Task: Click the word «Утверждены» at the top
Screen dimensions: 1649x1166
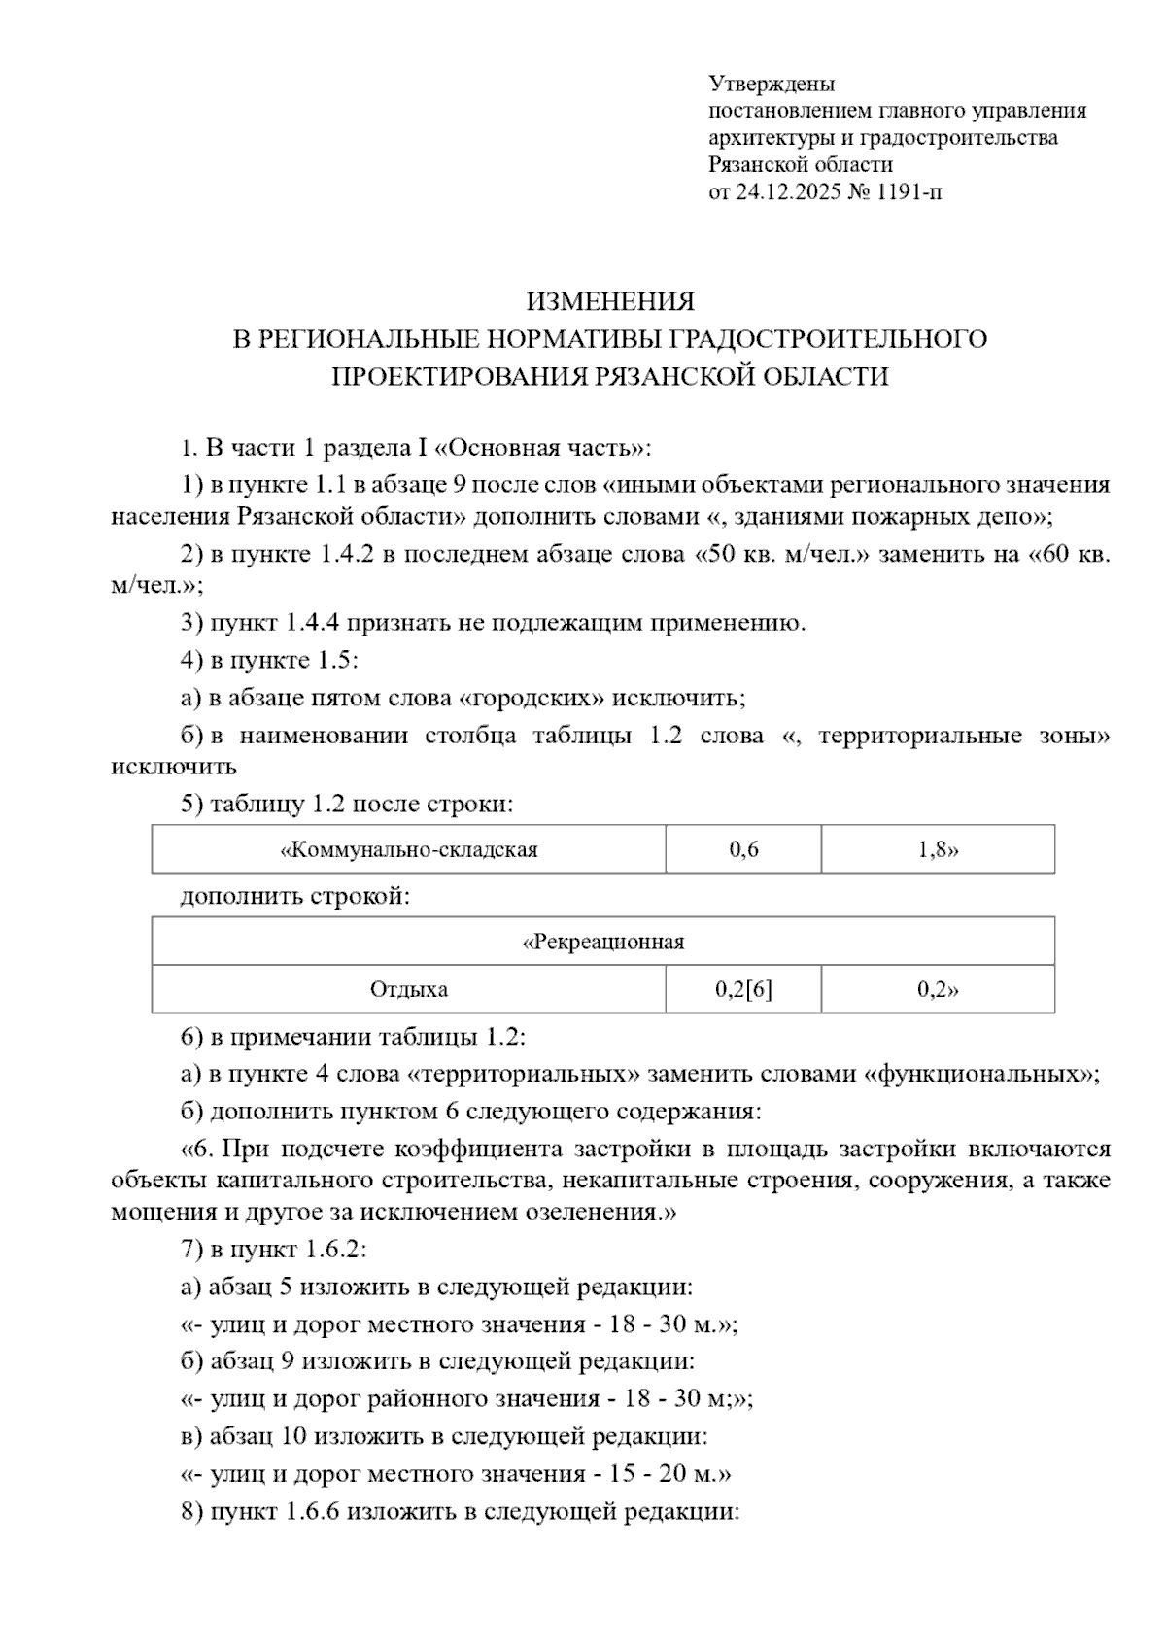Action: point(772,84)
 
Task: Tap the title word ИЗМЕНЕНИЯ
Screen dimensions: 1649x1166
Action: point(610,302)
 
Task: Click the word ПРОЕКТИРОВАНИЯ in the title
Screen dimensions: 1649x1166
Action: point(457,376)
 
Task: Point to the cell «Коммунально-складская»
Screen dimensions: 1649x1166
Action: point(409,850)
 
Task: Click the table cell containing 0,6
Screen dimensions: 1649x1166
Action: point(743,850)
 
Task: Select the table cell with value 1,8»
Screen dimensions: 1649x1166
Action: point(938,850)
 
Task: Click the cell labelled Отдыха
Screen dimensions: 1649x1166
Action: point(409,990)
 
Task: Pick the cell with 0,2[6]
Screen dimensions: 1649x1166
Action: point(743,990)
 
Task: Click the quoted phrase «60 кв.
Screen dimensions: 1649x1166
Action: point(1069,555)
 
